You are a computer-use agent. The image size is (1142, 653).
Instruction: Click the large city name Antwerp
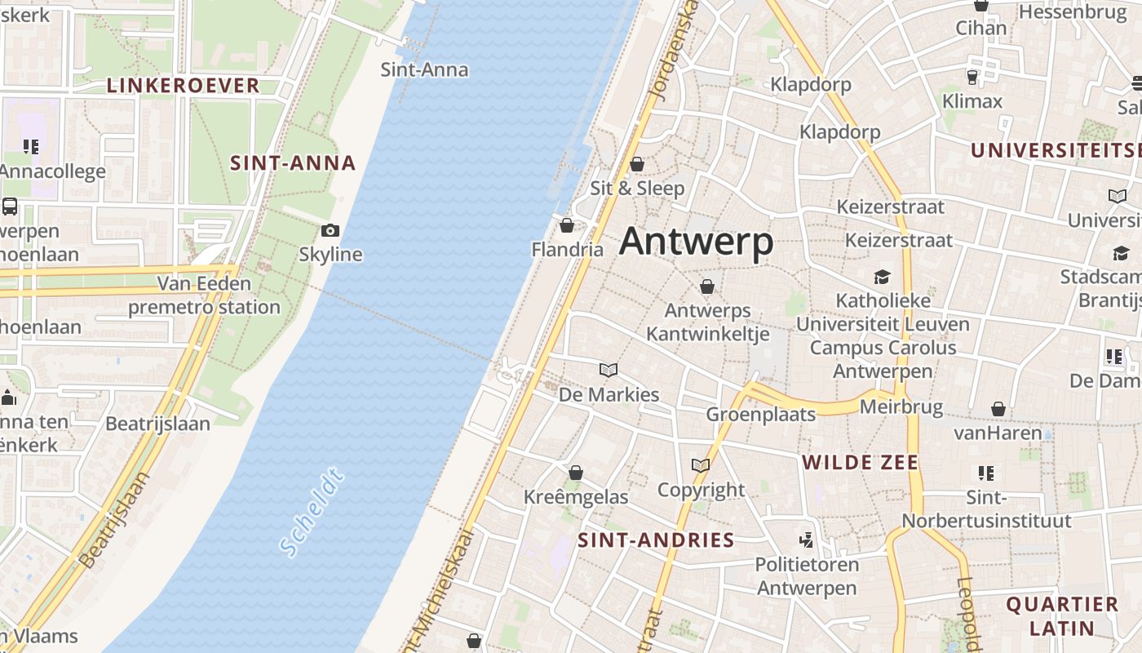point(696,242)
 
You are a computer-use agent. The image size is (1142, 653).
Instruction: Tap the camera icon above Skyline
point(330,231)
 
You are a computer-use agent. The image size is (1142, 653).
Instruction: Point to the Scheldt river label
point(311,513)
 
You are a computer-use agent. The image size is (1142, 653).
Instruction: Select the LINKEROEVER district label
point(183,86)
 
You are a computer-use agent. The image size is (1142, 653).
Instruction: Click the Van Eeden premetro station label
point(205,295)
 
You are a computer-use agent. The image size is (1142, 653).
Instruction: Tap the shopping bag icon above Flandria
point(567,225)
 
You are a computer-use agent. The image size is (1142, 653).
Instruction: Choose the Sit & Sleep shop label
point(638,189)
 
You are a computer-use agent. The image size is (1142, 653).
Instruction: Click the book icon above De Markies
point(609,370)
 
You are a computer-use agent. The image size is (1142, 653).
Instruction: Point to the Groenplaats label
point(760,414)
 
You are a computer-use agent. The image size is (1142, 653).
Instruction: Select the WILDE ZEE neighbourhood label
point(860,463)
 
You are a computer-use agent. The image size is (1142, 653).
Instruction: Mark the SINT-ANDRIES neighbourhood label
point(656,540)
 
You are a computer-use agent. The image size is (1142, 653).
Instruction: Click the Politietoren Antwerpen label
point(807,575)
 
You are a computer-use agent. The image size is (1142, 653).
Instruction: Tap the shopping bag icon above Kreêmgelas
point(576,473)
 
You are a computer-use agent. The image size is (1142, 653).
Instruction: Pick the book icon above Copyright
point(701,466)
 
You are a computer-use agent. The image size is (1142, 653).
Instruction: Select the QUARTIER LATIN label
point(1061,616)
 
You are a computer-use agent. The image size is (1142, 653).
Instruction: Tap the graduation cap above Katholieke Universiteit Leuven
point(883,277)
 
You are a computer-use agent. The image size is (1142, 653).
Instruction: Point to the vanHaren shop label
point(998,433)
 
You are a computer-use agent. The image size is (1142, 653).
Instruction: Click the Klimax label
point(972,101)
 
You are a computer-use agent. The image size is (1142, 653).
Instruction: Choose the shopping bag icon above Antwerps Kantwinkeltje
point(707,287)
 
